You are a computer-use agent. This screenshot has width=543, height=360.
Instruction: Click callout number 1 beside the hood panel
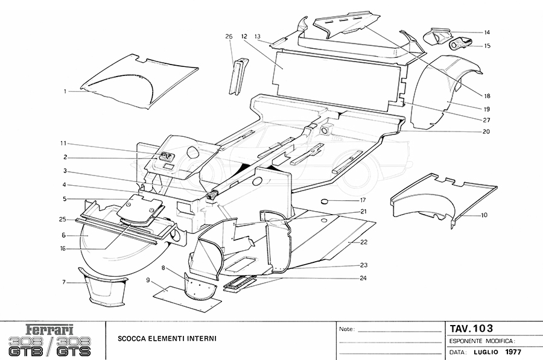click(65, 91)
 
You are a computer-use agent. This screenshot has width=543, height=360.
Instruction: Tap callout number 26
click(229, 37)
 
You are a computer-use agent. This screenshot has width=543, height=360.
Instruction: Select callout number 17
click(363, 200)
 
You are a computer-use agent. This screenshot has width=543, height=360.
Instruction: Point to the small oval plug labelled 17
click(325, 200)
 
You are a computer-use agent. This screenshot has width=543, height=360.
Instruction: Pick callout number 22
click(364, 242)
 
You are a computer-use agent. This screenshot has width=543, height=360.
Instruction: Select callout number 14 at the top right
click(487, 32)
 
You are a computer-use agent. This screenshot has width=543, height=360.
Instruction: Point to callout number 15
click(487, 45)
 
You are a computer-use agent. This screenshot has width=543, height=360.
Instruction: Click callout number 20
click(486, 131)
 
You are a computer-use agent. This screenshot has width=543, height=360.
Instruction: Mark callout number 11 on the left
click(63, 143)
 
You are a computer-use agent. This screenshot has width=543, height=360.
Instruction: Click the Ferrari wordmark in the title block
click(50, 330)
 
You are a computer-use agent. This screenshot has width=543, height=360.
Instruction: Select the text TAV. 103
click(471, 329)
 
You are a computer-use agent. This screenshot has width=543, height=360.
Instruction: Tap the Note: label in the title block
click(346, 330)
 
